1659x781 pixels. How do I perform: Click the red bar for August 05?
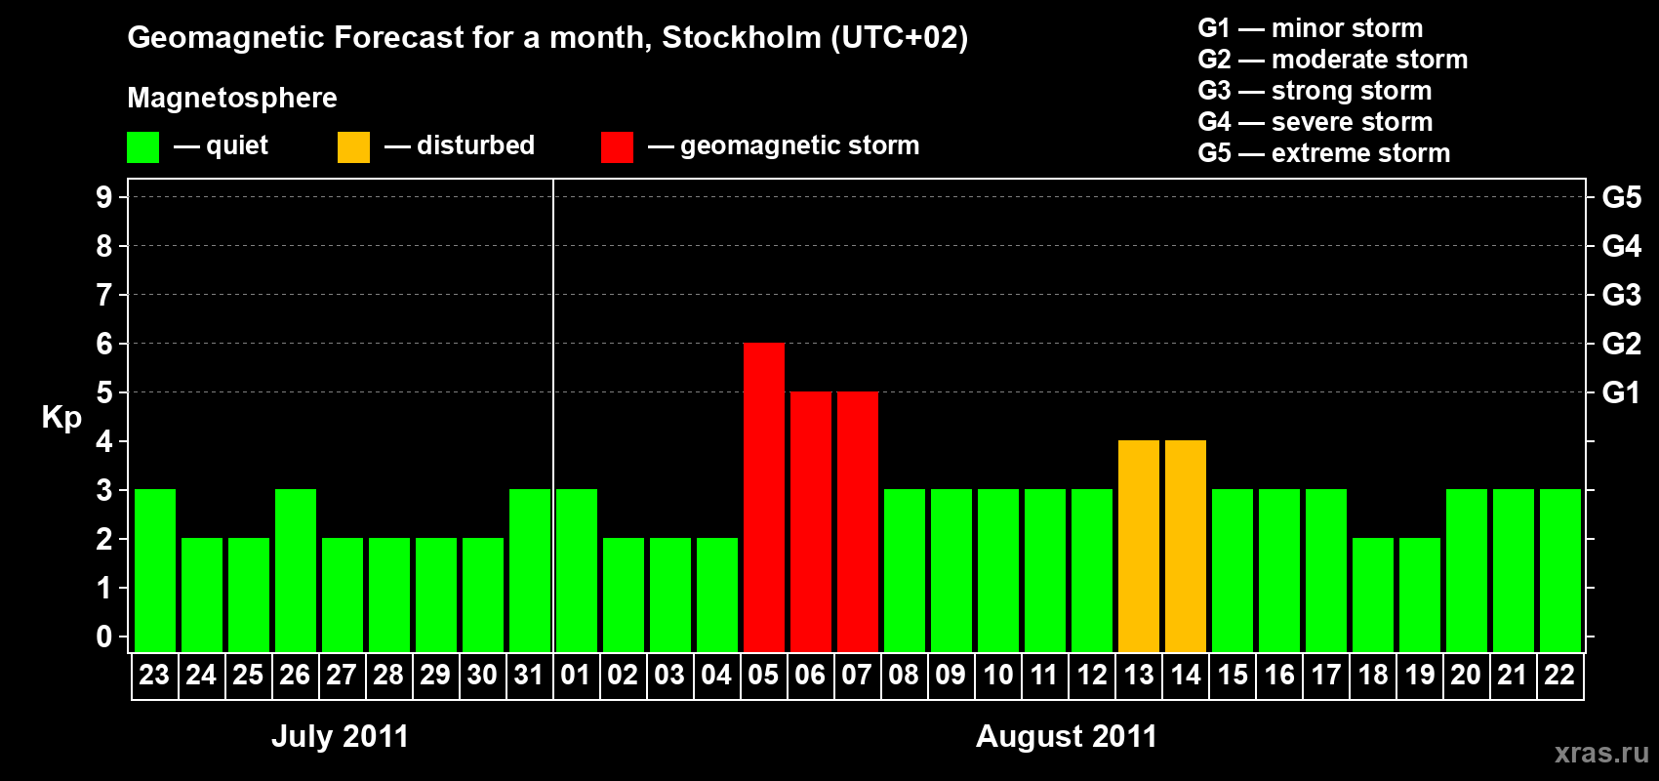pyautogui.click(x=764, y=497)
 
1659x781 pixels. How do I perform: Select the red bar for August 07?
pyautogui.click(x=858, y=521)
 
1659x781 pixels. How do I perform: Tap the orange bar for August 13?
pyautogui.click(x=1139, y=546)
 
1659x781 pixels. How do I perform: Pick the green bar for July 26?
pyautogui.click(x=296, y=570)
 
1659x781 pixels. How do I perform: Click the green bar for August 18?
pyautogui.click(x=1373, y=595)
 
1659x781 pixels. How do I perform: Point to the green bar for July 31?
pyautogui.click(x=530, y=570)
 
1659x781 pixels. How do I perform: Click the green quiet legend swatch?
pyautogui.click(x=143, y=147)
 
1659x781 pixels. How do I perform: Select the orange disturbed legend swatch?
pyautogui.click(x=353, y=147)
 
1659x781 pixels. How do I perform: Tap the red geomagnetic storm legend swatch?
pyautogui.click(x=617, y=147)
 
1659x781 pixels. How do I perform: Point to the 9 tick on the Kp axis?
pyautogui.click(x=104, y=197)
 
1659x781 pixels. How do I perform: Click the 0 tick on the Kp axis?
pyautogui.click(x=104, y=637)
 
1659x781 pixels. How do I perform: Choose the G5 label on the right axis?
pyautogui.click(x=1621, y=197)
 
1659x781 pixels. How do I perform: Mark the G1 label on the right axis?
pyautogui.click(x=1621, y=392)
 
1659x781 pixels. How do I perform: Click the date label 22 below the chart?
pyautogui.click(x=1559, y=675)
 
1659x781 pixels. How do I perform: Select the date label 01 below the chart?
pyautogui.click(x=576, y=675)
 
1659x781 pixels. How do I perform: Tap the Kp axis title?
pyautogui.click(x=61, y=418)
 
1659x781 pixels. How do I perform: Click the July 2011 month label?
pyautogui.click(x=340, y=736)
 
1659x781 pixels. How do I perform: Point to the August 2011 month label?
pyautogui.click(x=1066, y=736)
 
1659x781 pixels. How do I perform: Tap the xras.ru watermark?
pyautogui.click(x=1601, y=753)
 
